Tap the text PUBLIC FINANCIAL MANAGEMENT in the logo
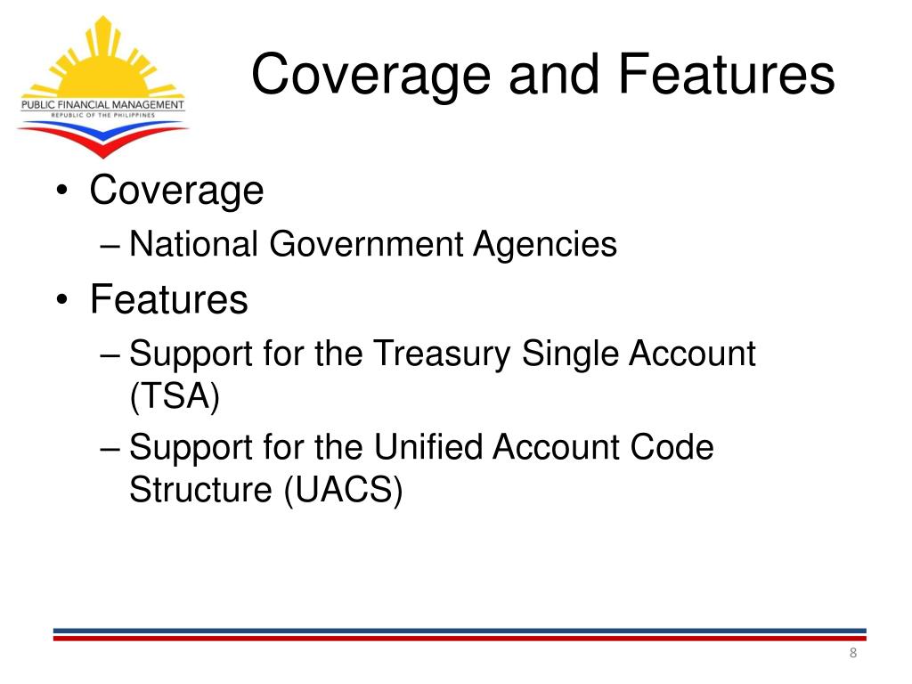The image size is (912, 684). point(102,105)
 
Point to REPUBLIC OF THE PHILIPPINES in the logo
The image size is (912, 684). point(102,116)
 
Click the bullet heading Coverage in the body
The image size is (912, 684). point(176,191)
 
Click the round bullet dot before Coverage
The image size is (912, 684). point(61,191)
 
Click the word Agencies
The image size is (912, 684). point(545,244)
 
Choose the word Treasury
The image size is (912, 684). point(442,354)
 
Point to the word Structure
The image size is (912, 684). point(202,489)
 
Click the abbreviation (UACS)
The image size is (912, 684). point(344,489)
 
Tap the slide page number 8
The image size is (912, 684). point(852,655)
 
